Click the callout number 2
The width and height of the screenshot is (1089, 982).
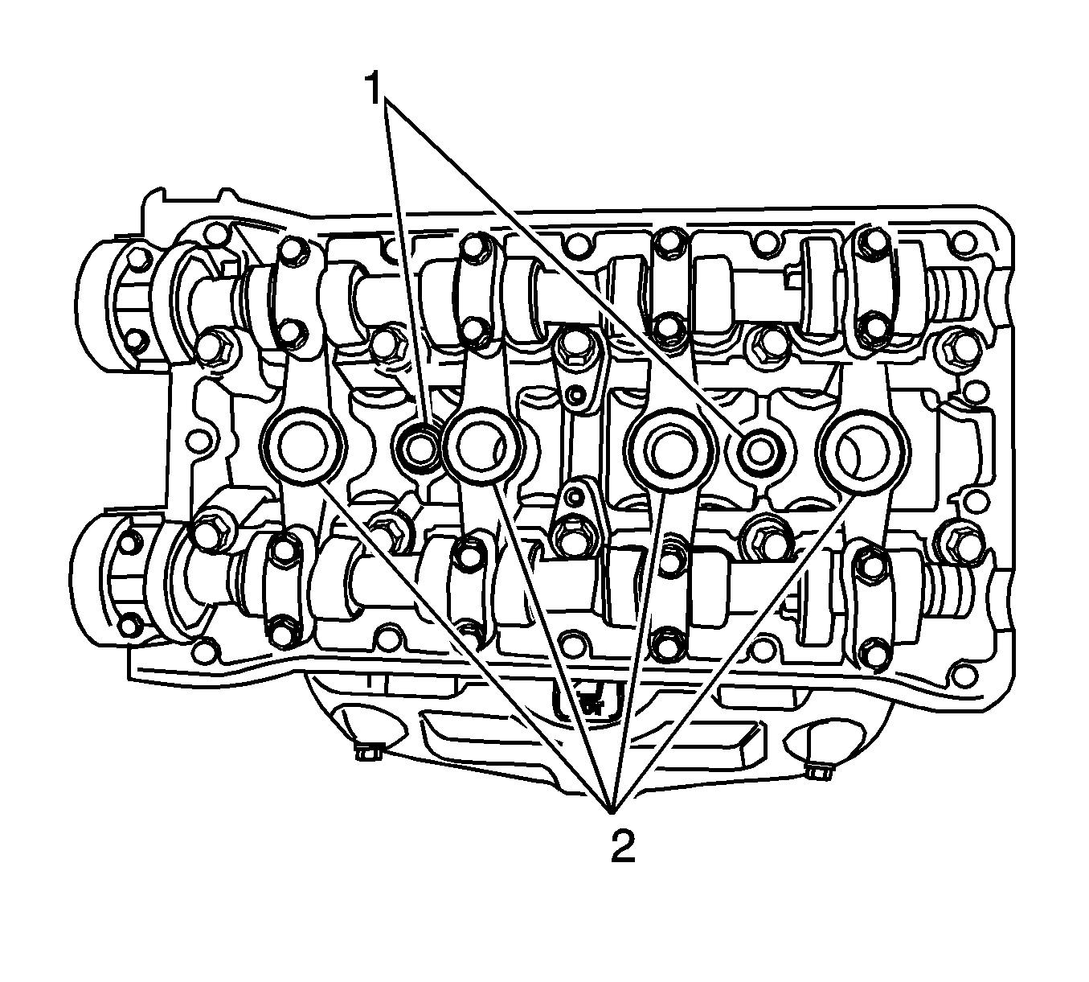click(x=623, y=846)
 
